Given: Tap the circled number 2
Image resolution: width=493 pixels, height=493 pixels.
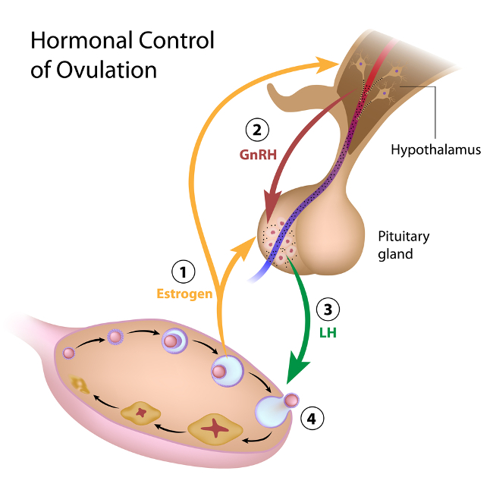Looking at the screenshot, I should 258,130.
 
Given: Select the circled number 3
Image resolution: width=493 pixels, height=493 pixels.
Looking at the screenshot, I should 327,309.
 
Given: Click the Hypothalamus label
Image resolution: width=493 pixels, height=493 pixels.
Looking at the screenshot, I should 436,149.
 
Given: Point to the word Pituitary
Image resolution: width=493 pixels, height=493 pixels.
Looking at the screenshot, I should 404,237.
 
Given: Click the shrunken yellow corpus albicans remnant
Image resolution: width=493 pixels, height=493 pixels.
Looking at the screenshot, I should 80,385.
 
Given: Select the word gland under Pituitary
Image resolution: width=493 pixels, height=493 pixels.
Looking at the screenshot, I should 395,254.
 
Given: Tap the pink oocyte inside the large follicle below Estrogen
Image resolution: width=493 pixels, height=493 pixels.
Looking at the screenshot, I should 219,372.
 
